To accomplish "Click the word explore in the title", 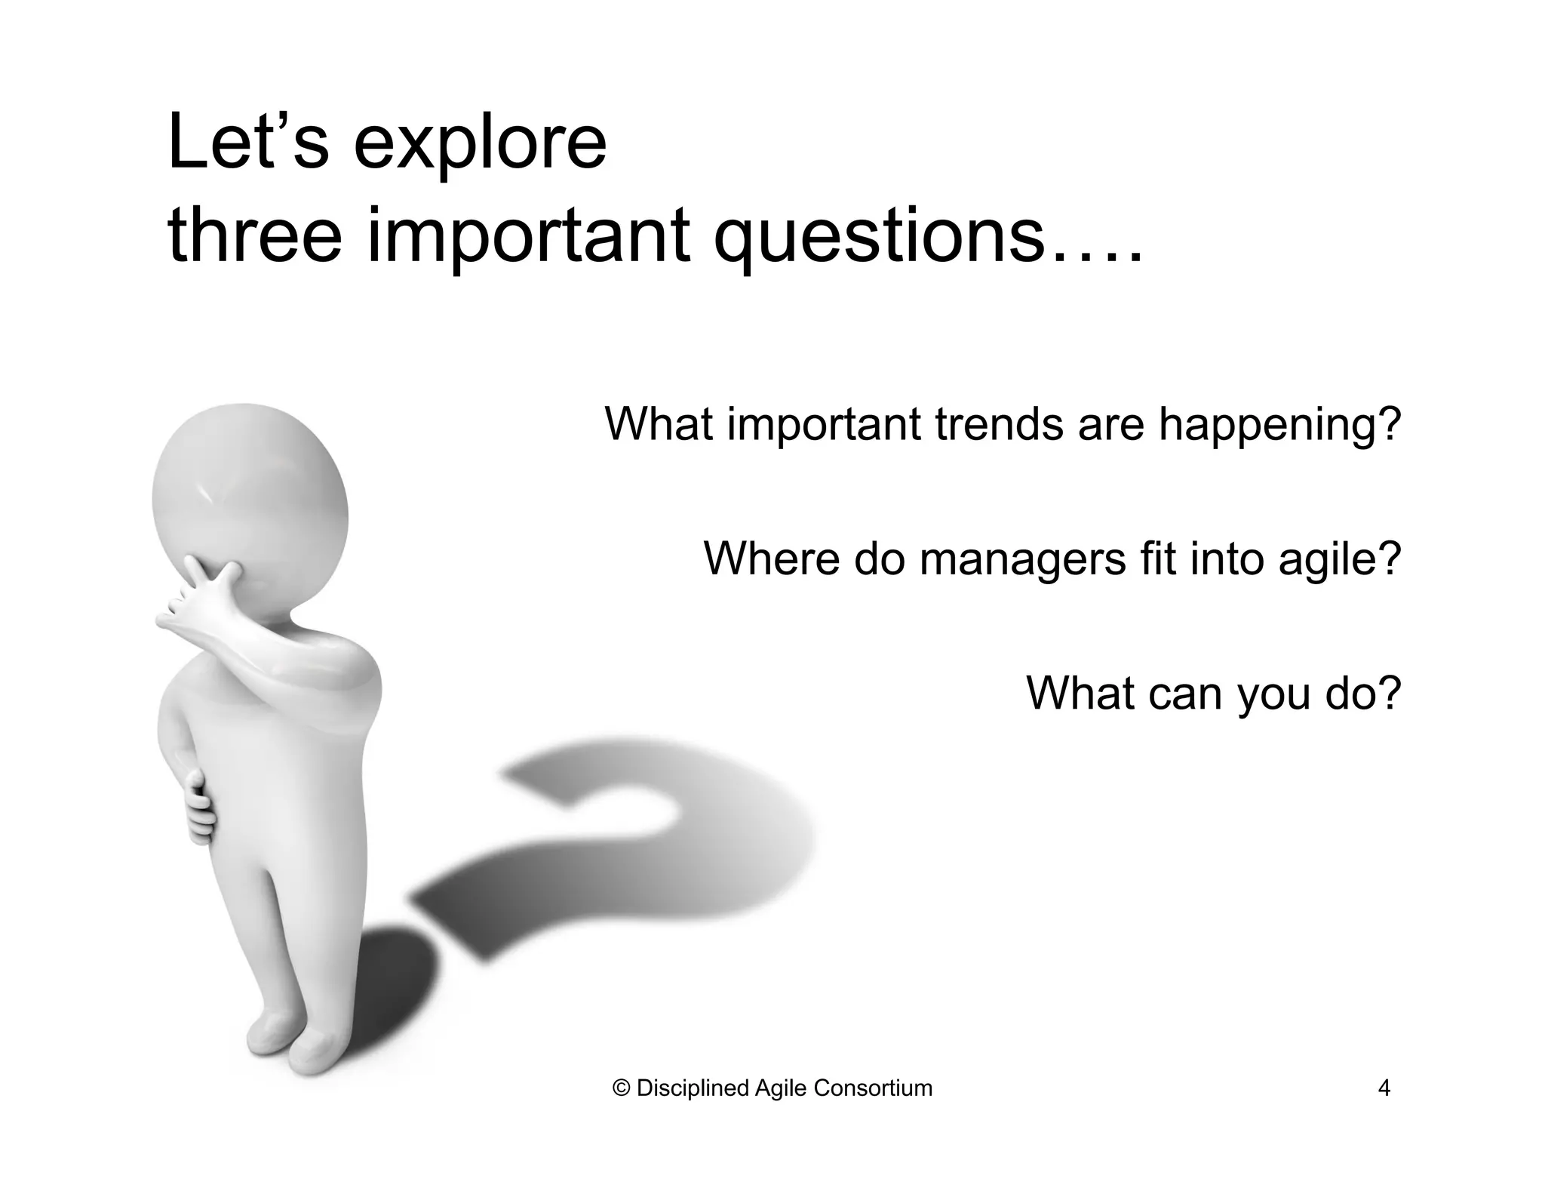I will [x=480, y=143].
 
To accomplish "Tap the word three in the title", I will [x=255, y=235].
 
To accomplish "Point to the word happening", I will [x=1279, y=426].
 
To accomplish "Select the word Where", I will [x=771, y=559].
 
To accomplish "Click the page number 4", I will [x=1384, y=1088].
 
